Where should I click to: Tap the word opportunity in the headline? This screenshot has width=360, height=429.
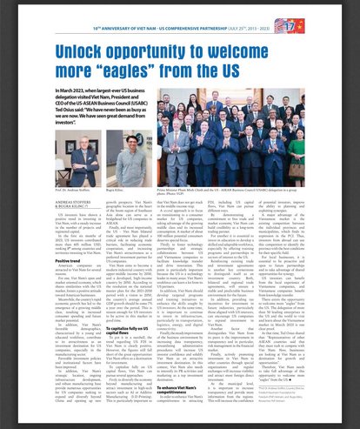162,50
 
